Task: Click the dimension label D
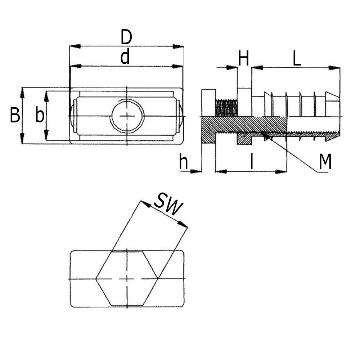coord(126,37)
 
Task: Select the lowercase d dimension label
coord(125,58)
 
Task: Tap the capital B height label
coord(15,116)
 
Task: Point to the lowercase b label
coord(40,116)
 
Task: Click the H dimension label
coord(244,59)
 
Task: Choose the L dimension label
coord(297,59)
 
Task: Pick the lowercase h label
coord(184,163)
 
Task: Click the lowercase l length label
coord(252,163)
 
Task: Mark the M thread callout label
coord(325,162)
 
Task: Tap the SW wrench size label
coord(168,205)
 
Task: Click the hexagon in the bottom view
coord(127,279)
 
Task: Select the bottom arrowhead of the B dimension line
coord(22,139)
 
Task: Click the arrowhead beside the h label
coord(196,171)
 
